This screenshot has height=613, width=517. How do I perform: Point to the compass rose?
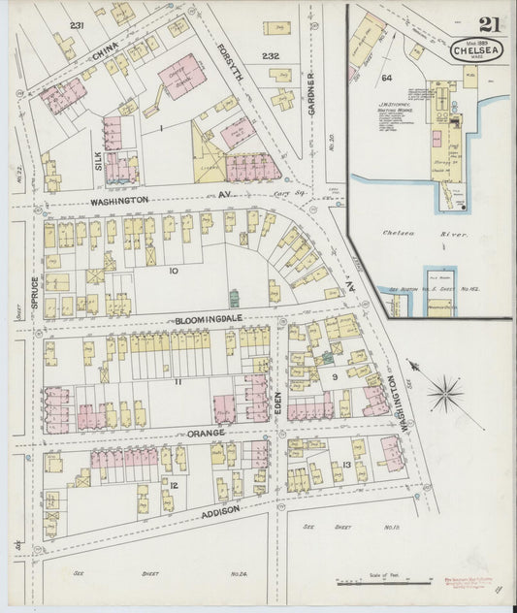tap(444, 393)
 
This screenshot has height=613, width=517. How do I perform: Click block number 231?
tap(77, 25)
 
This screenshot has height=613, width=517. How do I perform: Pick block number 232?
tap(270, 56)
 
